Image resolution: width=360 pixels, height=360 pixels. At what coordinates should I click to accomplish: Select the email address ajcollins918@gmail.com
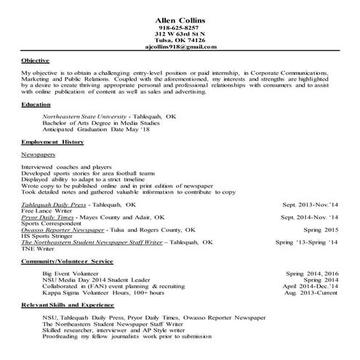[180, 46]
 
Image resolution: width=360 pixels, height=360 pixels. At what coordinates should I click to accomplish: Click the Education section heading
[36, 105]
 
